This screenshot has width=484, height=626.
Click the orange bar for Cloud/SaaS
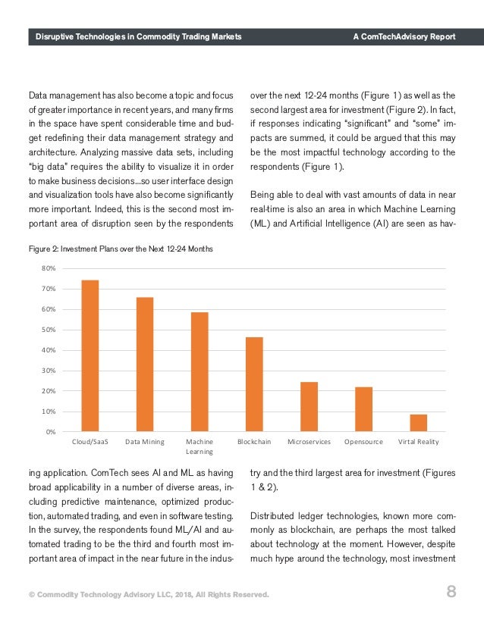coord(90,355)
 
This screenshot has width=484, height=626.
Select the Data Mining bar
coord(145,364)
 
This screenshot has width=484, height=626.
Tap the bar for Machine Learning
coord(200,371)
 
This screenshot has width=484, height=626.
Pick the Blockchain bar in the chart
coord(254,384)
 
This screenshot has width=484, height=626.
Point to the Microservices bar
coord(309,406)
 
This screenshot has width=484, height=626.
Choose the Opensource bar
coord(363,409)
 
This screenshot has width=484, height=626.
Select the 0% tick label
coord(50,432)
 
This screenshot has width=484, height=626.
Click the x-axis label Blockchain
coord(254,441)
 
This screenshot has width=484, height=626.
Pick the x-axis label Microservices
coord(309,441)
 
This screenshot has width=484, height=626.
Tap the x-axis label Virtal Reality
coord(418,441)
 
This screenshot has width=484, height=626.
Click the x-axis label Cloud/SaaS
coord(90,441)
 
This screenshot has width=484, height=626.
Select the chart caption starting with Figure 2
coord(121,249)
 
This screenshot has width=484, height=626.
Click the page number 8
coord(451,593)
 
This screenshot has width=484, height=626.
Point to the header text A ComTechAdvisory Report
coord(404,36)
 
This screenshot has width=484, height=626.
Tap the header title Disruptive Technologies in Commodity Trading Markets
coord(134,36)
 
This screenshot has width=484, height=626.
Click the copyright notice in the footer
coord(149,594)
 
